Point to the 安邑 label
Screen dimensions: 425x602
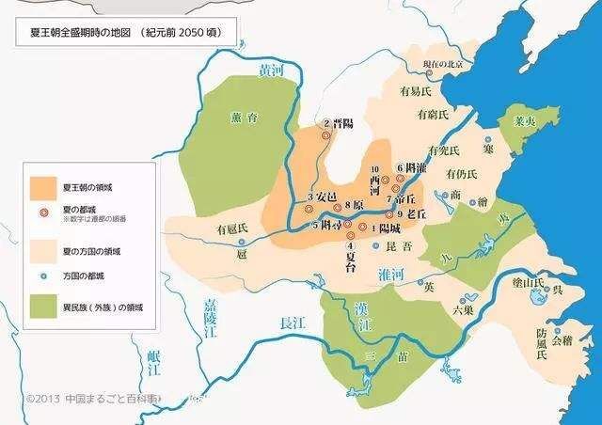click(x=325, y=197)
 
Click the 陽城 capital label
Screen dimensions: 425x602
click(x=388, y=228)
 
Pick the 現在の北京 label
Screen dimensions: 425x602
click(x=442, y=64)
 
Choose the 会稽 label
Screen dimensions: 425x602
click(x=561, y=341)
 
